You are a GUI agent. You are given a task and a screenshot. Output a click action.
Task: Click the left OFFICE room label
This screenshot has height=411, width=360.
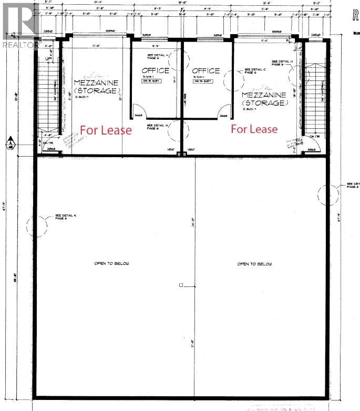(156, 70)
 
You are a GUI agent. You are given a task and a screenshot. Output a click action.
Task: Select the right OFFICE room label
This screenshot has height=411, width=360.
(205, 70)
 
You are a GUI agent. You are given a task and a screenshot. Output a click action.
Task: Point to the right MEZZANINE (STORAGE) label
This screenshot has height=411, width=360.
(264, 99)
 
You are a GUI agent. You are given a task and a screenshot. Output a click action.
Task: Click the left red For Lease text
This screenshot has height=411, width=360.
(106, 130)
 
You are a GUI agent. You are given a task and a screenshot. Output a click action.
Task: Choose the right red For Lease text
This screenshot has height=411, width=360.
(255, 129)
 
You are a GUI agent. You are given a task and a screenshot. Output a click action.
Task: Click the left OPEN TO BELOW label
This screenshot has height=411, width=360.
(111, 263)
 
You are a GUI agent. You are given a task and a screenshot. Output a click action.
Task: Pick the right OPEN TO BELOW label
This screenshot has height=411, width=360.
(254, 263)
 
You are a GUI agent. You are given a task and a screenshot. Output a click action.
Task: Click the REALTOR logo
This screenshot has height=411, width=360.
(20, 24)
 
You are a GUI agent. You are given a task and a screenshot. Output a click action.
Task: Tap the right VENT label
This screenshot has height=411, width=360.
(191, 150)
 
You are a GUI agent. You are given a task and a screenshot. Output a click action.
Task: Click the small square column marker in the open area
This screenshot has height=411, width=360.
(180, 285)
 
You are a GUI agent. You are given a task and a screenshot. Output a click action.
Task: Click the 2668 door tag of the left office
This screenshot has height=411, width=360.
(139, 116)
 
